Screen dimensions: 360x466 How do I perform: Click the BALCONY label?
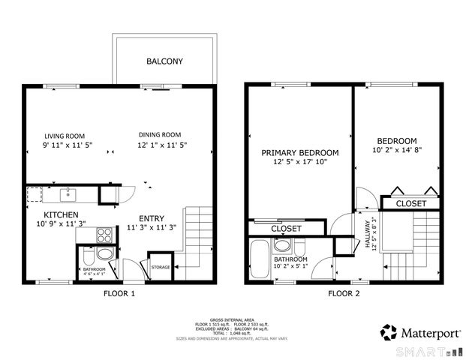[x=164, y=61]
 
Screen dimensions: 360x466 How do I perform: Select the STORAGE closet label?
[x=160, y=267]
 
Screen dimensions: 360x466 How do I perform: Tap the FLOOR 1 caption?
[x=119, y=294]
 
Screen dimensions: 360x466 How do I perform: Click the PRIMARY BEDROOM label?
[x=299, y=152]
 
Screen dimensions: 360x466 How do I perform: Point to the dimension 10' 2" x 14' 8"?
[x=397, y=151]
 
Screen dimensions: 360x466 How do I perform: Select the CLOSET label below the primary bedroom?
[x=286, y=228]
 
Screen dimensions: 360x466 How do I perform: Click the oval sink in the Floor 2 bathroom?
[x=283, y=245]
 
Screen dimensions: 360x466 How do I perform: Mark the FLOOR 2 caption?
[x=344, y=294]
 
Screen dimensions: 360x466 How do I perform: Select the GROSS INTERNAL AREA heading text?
[x=233, y=318]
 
